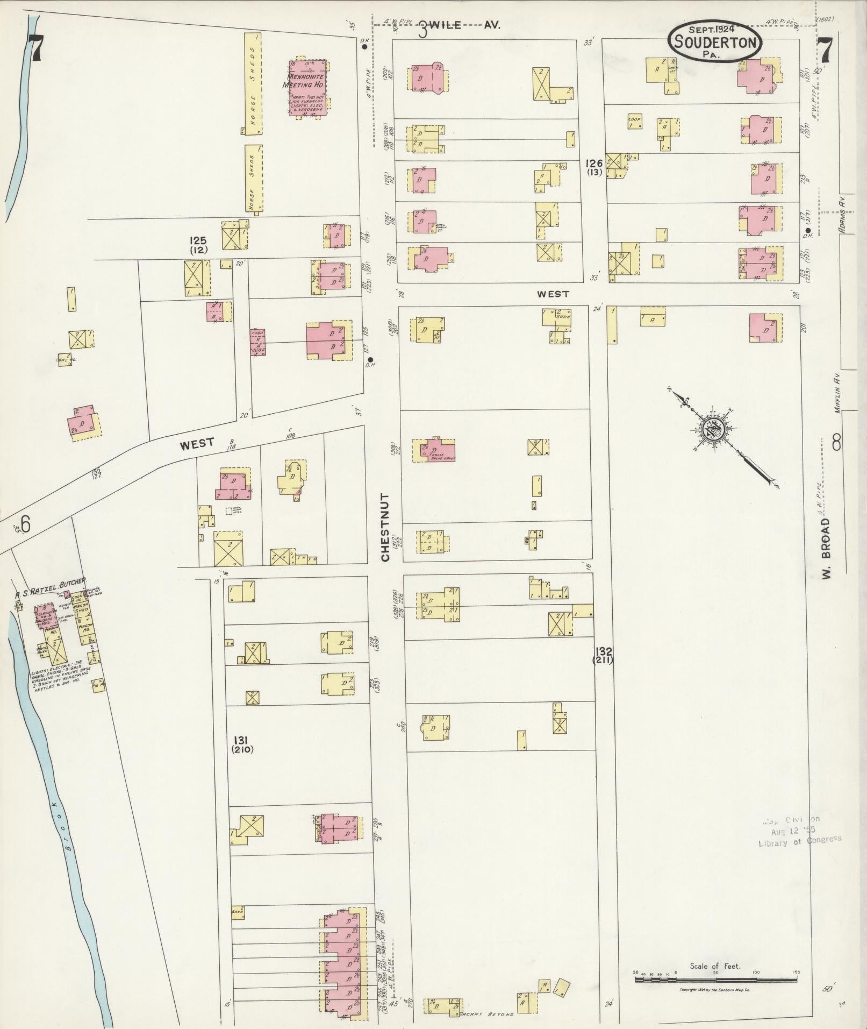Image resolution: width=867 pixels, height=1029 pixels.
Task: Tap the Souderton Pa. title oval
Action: [x=714, y=42]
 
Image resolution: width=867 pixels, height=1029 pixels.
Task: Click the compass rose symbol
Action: [x=713, y=430]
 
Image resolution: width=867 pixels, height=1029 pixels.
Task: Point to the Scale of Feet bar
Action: [x=715, y=979]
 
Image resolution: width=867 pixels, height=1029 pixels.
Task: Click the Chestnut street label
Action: [x=385, y=527]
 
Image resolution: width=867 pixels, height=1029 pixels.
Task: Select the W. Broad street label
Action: [x=826, y=549]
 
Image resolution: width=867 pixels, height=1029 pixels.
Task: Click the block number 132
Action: [x=603, y=651]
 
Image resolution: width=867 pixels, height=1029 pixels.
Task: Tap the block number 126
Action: [x=594, y=163]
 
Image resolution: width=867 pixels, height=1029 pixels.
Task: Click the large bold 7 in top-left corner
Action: [x=35, y=48]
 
